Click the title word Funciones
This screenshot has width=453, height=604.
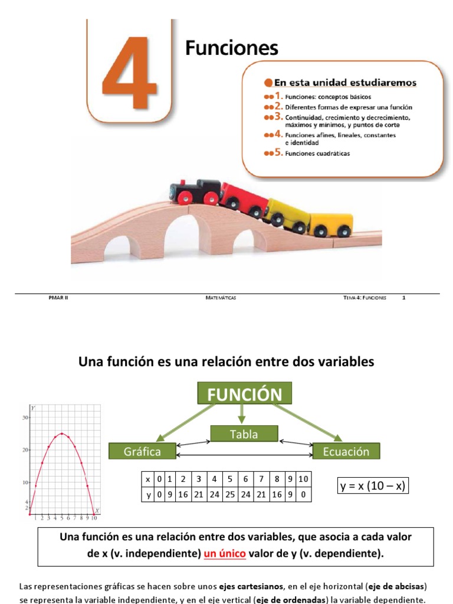pos(231,48)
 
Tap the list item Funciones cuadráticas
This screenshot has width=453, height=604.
pos(317,153)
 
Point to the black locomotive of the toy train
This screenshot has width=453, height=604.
pos(194,191)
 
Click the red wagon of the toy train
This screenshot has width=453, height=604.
pos(244,198)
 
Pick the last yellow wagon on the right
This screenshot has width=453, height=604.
pos(331,224)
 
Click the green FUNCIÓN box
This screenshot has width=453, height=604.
pos(244,393)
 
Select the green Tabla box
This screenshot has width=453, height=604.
pos(244,434)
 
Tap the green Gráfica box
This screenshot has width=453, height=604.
pos(142,452)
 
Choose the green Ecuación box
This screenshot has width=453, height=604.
pos(346,452)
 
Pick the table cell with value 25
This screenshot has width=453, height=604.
pos(229,495)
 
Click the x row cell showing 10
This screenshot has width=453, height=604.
pos(303,478)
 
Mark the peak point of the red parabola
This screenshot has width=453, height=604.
pos(62,434)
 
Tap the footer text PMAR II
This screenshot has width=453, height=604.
pos(58,298)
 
